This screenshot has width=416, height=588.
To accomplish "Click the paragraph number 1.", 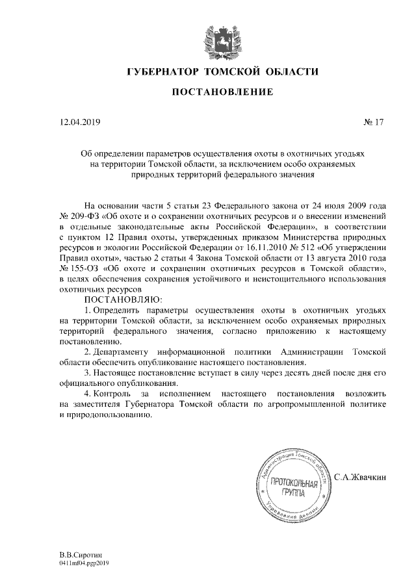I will (x=88, y=311).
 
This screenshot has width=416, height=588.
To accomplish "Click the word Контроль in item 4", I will (x=111, y=394).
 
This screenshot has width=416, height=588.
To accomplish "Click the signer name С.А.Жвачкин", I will (x=361, y=478).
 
